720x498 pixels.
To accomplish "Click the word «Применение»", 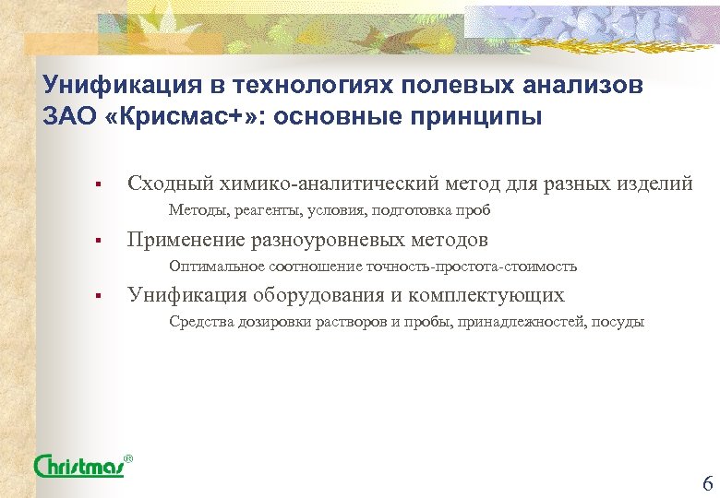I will [185, 240].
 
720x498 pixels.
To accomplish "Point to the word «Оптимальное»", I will [217, 267].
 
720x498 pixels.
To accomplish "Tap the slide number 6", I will [706, 482].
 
